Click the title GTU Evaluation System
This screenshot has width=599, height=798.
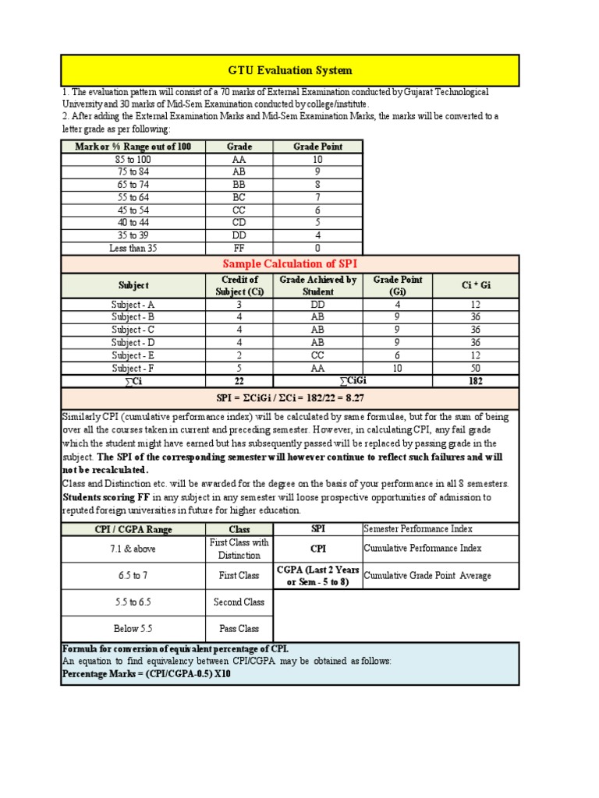289,70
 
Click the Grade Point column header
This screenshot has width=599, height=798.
317,147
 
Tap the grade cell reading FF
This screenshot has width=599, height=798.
239,248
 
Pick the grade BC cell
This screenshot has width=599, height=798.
239,197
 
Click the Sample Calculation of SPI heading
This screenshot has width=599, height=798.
289,263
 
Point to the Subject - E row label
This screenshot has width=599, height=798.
133,355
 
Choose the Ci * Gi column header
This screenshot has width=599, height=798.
476,285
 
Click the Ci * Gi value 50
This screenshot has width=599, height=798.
476,368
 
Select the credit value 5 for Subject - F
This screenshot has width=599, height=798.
239,368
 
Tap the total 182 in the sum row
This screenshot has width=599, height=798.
476,381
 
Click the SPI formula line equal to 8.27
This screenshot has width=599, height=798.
289,398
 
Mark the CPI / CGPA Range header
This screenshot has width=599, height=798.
133,529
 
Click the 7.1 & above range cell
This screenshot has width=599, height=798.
133,549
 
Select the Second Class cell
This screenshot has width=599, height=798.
239,602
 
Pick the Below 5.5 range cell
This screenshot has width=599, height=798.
133,629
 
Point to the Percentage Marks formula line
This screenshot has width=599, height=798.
146,674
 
